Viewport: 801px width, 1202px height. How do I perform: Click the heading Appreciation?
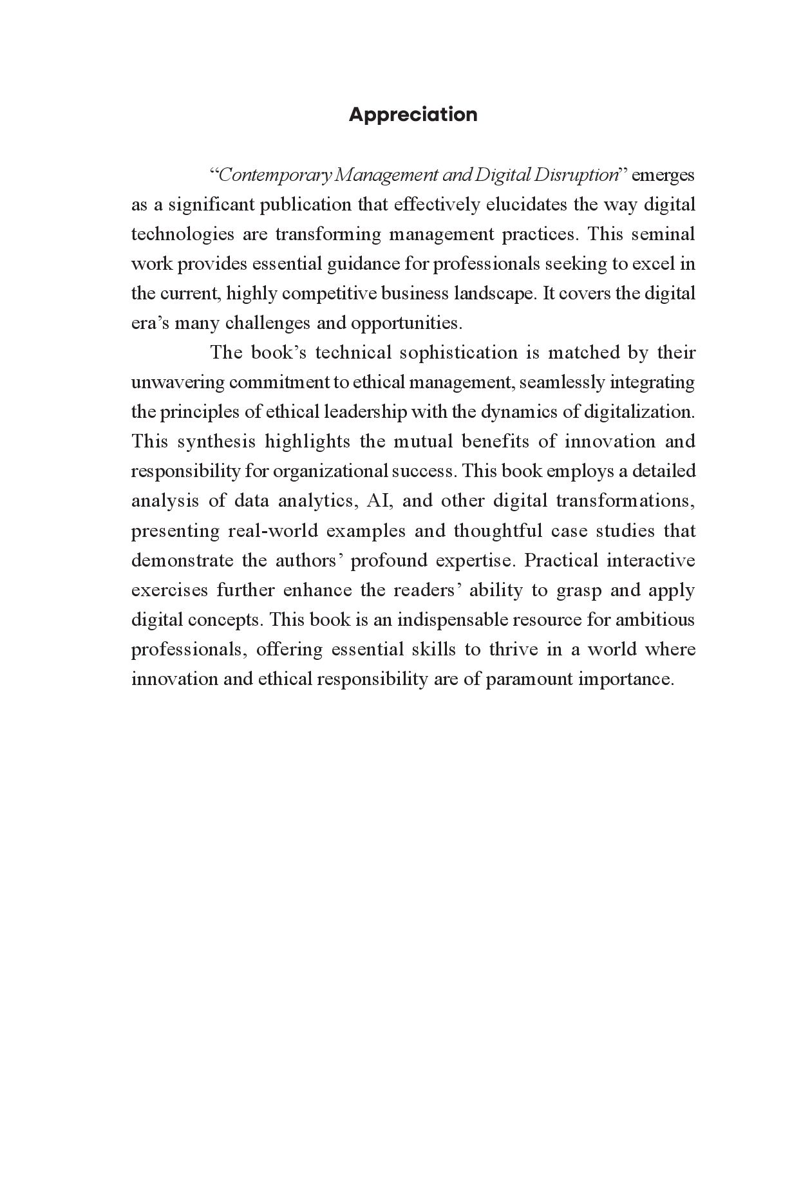click(413, 115)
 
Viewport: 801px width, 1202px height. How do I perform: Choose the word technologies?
click(182, 234)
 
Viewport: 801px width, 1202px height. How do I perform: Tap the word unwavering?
click(178, 382)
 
